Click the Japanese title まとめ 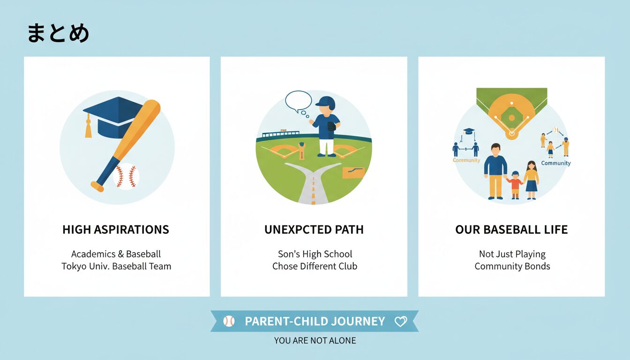pos(58,33)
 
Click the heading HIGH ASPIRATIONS pos(116,230)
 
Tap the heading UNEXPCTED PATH pos(314,230)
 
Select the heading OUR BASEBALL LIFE pos(511,230)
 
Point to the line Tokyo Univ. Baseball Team pos(116,266)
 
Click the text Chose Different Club pos(315,266)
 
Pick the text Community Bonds pos(512,266)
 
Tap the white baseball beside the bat pos(126,176)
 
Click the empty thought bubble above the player pos(299,101)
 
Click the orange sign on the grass pos(353,172)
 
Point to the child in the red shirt pos(515,185)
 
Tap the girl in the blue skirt pos(531,180)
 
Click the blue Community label pos(556,163)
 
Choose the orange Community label pos(466,160)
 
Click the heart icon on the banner pos(400,321)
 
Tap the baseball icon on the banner pos(229,321)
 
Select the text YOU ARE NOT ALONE pos(315,341)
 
